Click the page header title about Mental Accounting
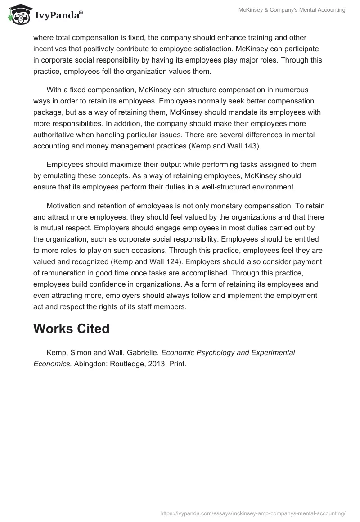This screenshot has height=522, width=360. point(292,10)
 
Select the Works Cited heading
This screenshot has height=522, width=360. point(71,328)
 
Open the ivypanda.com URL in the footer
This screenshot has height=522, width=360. point(252,513)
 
